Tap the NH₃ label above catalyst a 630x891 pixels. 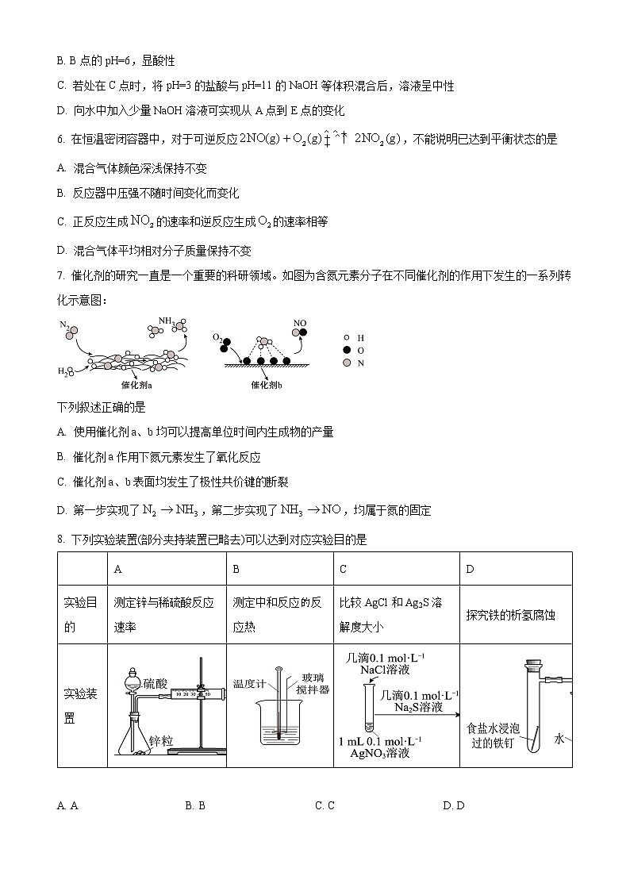point(166,321)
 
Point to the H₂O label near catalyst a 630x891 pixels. point(63,371)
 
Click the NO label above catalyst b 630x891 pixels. point(299,323)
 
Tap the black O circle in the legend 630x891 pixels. point(346,350)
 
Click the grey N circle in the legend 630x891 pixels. point(346,363)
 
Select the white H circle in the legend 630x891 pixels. point(346,337)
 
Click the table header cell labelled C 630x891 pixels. point(343,569)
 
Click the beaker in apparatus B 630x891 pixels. point(279,726)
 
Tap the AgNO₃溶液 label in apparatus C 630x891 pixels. point(380,753)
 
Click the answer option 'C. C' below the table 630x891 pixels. point(325,805)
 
